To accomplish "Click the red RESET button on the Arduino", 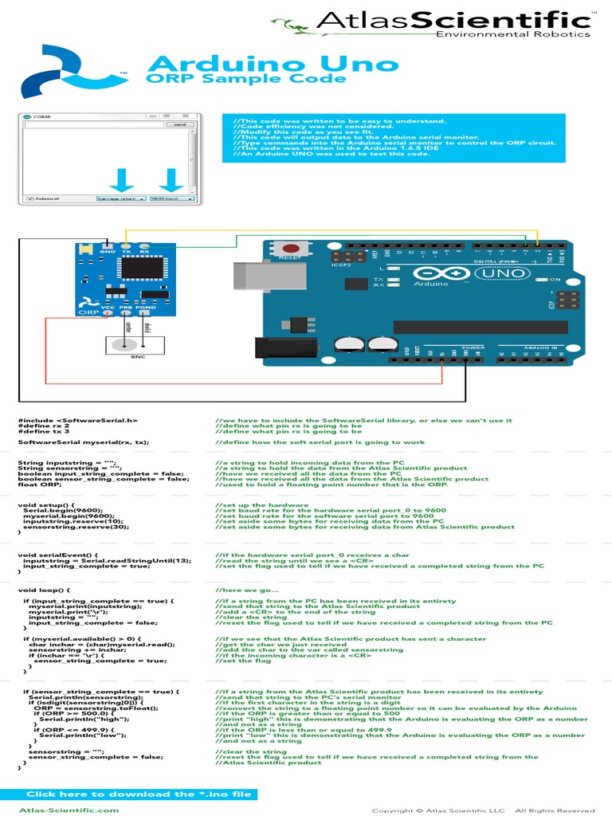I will [292, 248].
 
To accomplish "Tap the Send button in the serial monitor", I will [178, 124].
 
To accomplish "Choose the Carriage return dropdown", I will [120, 198].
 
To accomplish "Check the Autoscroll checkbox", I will [29, 198].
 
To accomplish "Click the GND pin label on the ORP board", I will [108, 252].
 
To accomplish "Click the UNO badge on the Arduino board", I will [499, 273].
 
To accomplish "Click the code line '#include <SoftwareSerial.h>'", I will [78, 420].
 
